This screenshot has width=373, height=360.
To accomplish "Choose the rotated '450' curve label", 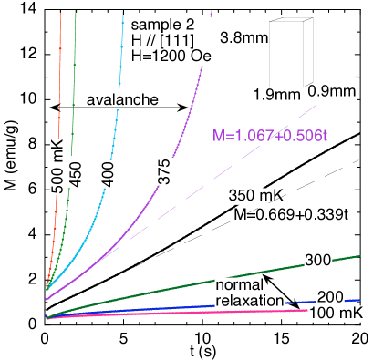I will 77,171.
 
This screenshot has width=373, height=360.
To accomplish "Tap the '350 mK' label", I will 255,195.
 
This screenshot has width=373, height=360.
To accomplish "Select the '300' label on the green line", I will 316,261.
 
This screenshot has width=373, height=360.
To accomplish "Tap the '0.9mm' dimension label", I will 331,92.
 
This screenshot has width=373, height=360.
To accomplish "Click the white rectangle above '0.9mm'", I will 285,54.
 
